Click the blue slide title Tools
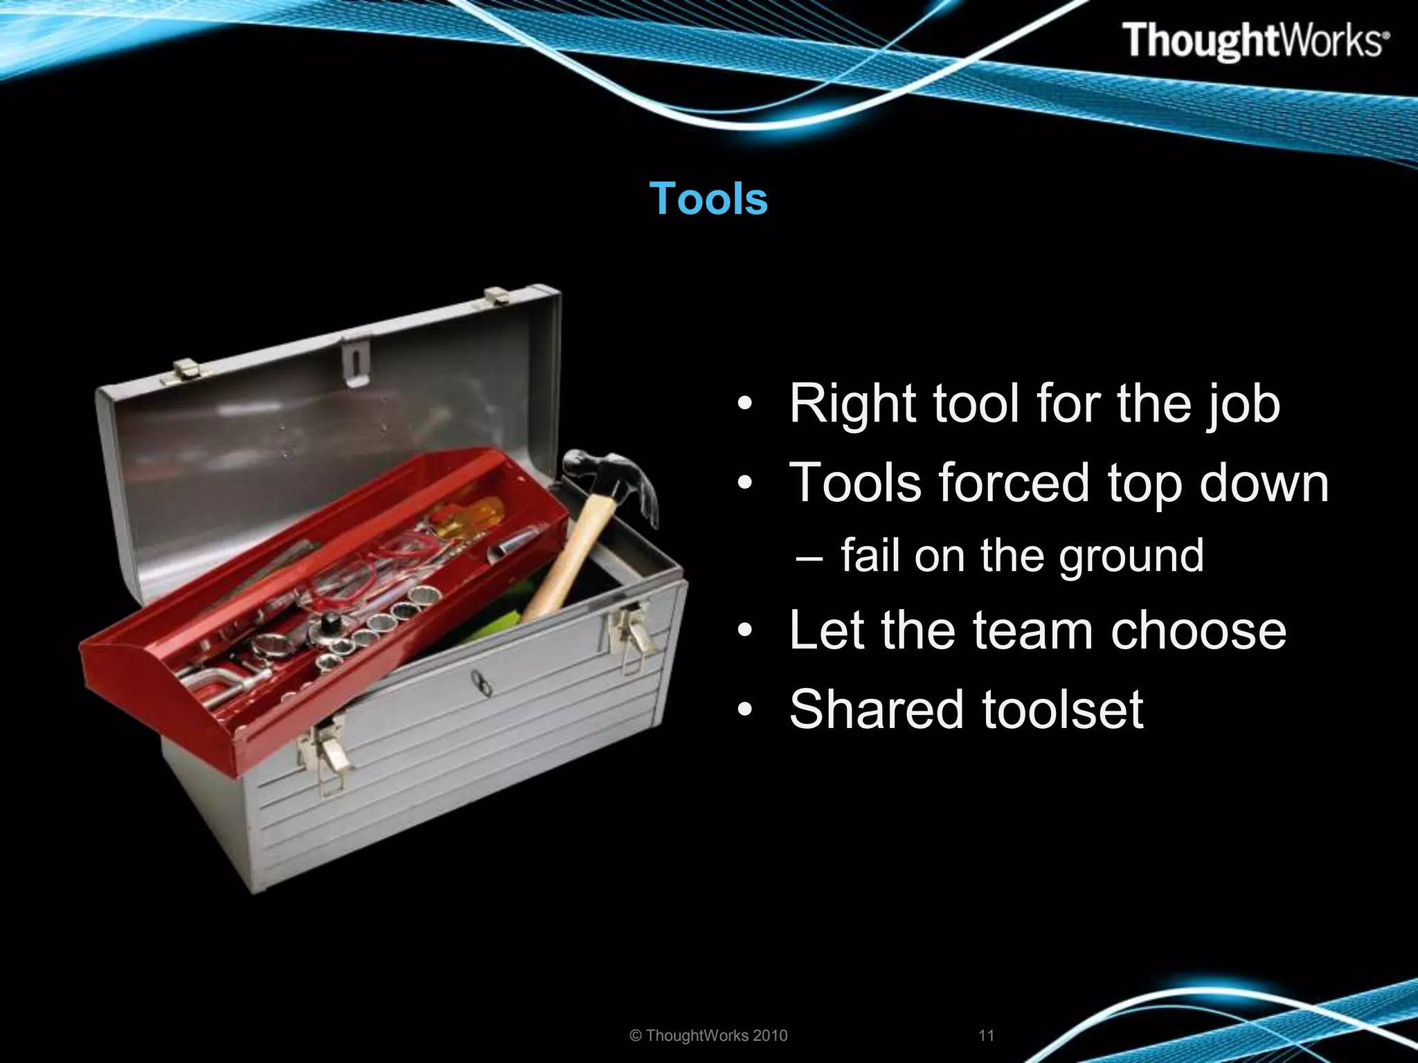(708, 199)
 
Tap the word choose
(1199, 630)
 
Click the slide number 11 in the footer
(987, 1035)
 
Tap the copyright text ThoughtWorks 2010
(709, 1035)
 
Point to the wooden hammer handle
(568, 561)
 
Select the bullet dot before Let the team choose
(744, 631)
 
